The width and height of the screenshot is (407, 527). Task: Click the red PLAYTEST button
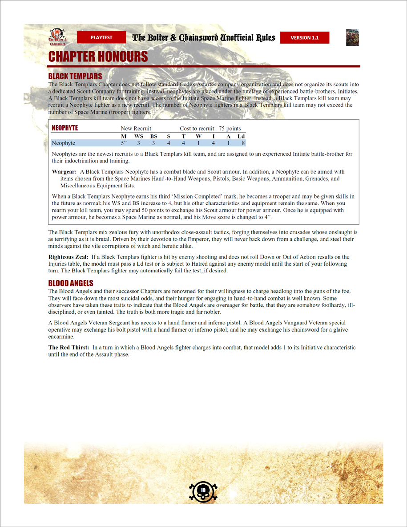[101, 38]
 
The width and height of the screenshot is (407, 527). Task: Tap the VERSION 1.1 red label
[305, 38]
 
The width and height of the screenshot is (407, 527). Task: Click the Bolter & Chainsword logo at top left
[57, 37]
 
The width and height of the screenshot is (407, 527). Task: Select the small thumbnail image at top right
[352, 38]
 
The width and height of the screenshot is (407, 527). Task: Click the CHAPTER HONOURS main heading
[98, 57]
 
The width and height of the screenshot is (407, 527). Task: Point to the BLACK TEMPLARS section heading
[75, 76]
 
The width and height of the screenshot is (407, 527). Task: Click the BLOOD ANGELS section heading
[71, 283]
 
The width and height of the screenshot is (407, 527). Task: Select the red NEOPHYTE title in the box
[65, 128]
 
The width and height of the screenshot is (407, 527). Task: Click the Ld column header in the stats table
[241, 136]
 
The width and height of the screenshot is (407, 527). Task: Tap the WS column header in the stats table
[139, 136]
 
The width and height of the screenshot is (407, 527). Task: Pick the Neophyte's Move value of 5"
[124, 143]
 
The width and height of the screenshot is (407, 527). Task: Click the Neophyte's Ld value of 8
[243, 143]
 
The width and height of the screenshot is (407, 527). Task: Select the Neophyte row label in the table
[64, 143]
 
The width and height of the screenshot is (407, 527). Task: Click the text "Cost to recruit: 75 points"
[210, 129]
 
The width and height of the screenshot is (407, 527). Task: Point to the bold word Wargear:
[64, 172]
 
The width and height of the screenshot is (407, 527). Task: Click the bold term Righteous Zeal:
[69, 257]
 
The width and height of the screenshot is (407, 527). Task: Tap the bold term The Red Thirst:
[69, 348]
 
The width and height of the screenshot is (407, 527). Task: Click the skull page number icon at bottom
[203, 490]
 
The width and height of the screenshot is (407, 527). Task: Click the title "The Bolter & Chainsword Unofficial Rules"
[204, 38]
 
